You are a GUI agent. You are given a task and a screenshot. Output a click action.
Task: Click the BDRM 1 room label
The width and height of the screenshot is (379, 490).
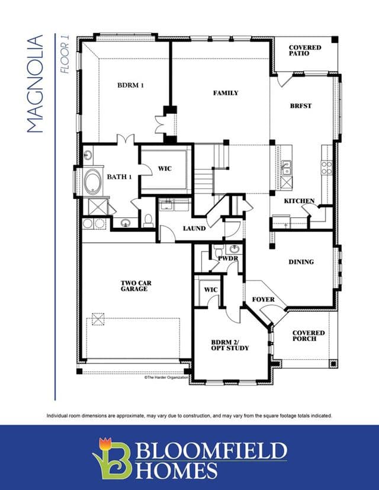point(130,85)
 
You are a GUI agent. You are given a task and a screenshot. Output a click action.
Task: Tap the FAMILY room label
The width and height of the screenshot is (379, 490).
point(226,93)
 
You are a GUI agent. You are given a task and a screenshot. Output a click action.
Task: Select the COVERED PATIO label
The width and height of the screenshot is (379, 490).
point(305,50)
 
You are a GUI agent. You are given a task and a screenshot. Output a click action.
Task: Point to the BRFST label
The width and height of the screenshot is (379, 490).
point(301,106)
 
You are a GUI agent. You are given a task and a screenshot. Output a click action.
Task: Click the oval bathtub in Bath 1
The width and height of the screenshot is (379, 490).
point(92,182)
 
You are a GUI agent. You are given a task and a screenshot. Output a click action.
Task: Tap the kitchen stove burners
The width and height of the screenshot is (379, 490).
point(326,167)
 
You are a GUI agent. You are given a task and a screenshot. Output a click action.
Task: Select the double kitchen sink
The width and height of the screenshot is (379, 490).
point(286,168)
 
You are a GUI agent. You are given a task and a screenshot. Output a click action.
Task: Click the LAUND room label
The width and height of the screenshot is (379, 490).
point(194,228)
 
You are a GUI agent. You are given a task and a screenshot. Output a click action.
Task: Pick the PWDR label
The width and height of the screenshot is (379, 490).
point(228,259)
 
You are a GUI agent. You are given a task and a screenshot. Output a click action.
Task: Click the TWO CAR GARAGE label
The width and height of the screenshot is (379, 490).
point(136,286)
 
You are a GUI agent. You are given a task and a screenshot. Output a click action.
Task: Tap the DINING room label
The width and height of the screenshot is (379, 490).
point(301,262)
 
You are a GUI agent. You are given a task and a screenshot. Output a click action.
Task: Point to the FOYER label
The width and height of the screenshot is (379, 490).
point(264,299)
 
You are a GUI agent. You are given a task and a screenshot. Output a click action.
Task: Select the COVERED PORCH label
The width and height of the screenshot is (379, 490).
point(309,336)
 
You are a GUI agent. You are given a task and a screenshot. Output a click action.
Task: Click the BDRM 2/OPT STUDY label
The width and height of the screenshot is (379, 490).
point(230,345)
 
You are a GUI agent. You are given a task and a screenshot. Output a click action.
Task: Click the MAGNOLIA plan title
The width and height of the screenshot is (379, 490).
point(35,84)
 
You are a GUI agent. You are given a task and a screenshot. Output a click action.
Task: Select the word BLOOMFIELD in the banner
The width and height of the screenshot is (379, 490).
point(211,450)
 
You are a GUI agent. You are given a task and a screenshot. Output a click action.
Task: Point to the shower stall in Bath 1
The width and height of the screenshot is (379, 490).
point(98,207)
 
